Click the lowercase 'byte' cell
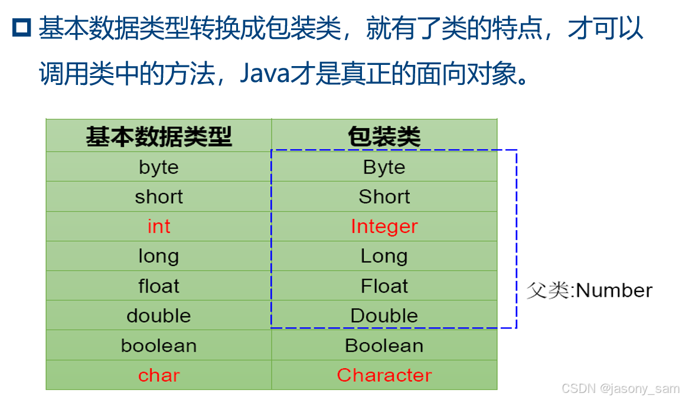coord(159,168)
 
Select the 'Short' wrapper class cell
coord(384,197)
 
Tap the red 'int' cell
coord(159,227)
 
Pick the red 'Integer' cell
coord(384,227)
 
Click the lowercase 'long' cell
coord(159,257)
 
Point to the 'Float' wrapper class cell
coord(384,286)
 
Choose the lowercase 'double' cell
coord(159,316)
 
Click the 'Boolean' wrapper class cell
coord(384,345)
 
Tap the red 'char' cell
coord(159,375)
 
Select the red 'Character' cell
coord(384,375)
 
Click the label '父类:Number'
coord(589,290)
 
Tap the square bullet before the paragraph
coord(22,28)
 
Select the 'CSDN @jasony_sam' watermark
coord(620,389)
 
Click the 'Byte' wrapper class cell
coord(384,168)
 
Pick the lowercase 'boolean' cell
coord(159,345)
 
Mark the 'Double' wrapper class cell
coord(384,316)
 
